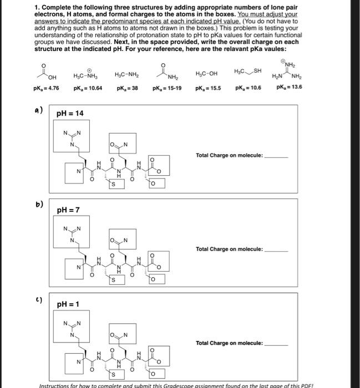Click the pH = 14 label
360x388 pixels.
(70, 114)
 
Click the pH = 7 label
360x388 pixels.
(68, 210)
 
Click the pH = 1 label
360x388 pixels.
(68, 304)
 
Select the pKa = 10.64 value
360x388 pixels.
(87, 88)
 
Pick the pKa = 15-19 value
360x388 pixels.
(167, 88)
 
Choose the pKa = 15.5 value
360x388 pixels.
(207, 88)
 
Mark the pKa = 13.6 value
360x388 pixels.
(288, 88)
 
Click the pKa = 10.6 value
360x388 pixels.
(248, 88)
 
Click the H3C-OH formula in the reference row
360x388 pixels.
(207, 74)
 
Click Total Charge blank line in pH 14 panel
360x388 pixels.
(276, 156)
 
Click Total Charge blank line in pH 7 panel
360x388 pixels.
(276, 250)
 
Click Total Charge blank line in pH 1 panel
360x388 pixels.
(276, 344)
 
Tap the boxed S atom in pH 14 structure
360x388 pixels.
(114, 183)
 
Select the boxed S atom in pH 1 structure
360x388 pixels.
(114, 372)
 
